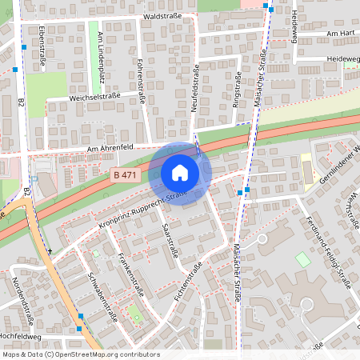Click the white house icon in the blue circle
click(180, 173)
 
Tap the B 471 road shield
click(126, 175)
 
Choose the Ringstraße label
click(236, 90)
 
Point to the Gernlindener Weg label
click(336, 166)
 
